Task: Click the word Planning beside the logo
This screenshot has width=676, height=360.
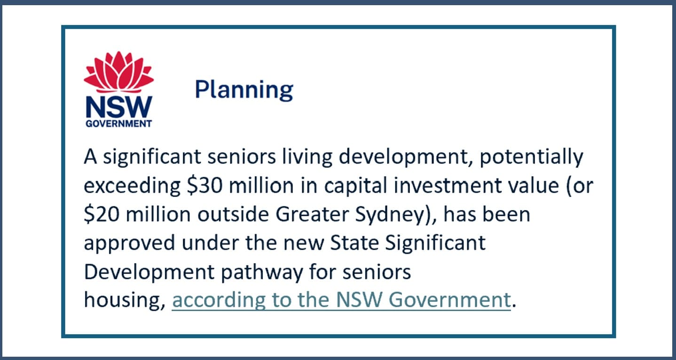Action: [x=244, y=89]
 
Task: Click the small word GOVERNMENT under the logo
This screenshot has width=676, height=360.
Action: [x=118, y=124]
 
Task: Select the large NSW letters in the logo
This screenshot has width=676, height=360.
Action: [x=118, y=107]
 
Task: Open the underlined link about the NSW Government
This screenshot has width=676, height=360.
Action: [x=341, y=300]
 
